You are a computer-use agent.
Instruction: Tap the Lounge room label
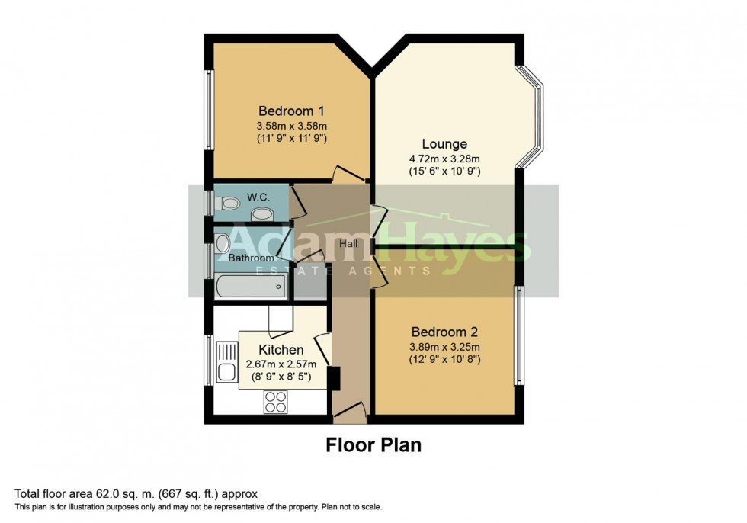[445, 143]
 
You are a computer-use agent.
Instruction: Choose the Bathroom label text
[251, 258]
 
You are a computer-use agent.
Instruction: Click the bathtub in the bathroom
[250, 287]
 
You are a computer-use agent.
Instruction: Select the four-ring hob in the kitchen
[275, 401]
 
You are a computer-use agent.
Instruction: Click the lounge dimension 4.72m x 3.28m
[445, 159]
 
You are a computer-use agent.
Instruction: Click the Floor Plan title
[373, 444]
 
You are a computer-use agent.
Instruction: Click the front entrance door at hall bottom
[350, 416]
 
